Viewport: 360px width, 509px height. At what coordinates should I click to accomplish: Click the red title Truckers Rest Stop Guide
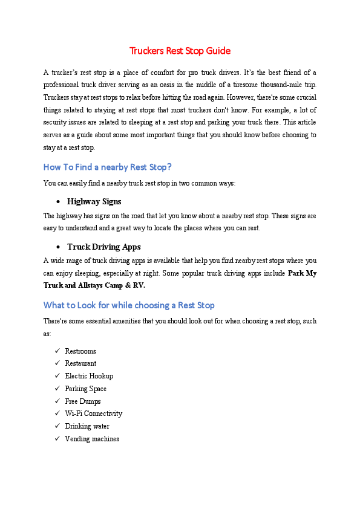180,51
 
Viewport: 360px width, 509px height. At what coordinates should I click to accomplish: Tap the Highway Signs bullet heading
94,201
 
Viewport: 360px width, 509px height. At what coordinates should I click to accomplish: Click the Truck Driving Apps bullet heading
103,247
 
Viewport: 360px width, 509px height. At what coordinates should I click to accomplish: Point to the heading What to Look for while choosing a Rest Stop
129,305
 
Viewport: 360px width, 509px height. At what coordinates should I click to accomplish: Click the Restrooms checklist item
80,351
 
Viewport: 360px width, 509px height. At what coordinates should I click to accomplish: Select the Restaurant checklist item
80,363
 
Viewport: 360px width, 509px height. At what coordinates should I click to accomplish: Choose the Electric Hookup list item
89,376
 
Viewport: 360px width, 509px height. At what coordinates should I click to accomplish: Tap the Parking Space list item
85,389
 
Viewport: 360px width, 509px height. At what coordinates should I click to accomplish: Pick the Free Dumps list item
83,401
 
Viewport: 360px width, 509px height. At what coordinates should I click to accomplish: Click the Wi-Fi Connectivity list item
94,413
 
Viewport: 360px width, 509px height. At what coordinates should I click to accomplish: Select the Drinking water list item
87,426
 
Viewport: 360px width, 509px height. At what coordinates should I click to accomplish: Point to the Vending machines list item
92,439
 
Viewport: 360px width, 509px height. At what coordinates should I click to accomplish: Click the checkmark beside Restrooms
57,351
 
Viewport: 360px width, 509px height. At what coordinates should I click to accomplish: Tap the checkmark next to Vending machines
57,439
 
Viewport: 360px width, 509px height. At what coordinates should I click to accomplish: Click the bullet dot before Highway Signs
57,202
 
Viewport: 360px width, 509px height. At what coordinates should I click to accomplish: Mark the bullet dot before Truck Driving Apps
57,247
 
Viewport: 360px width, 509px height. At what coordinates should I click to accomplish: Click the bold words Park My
303,273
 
